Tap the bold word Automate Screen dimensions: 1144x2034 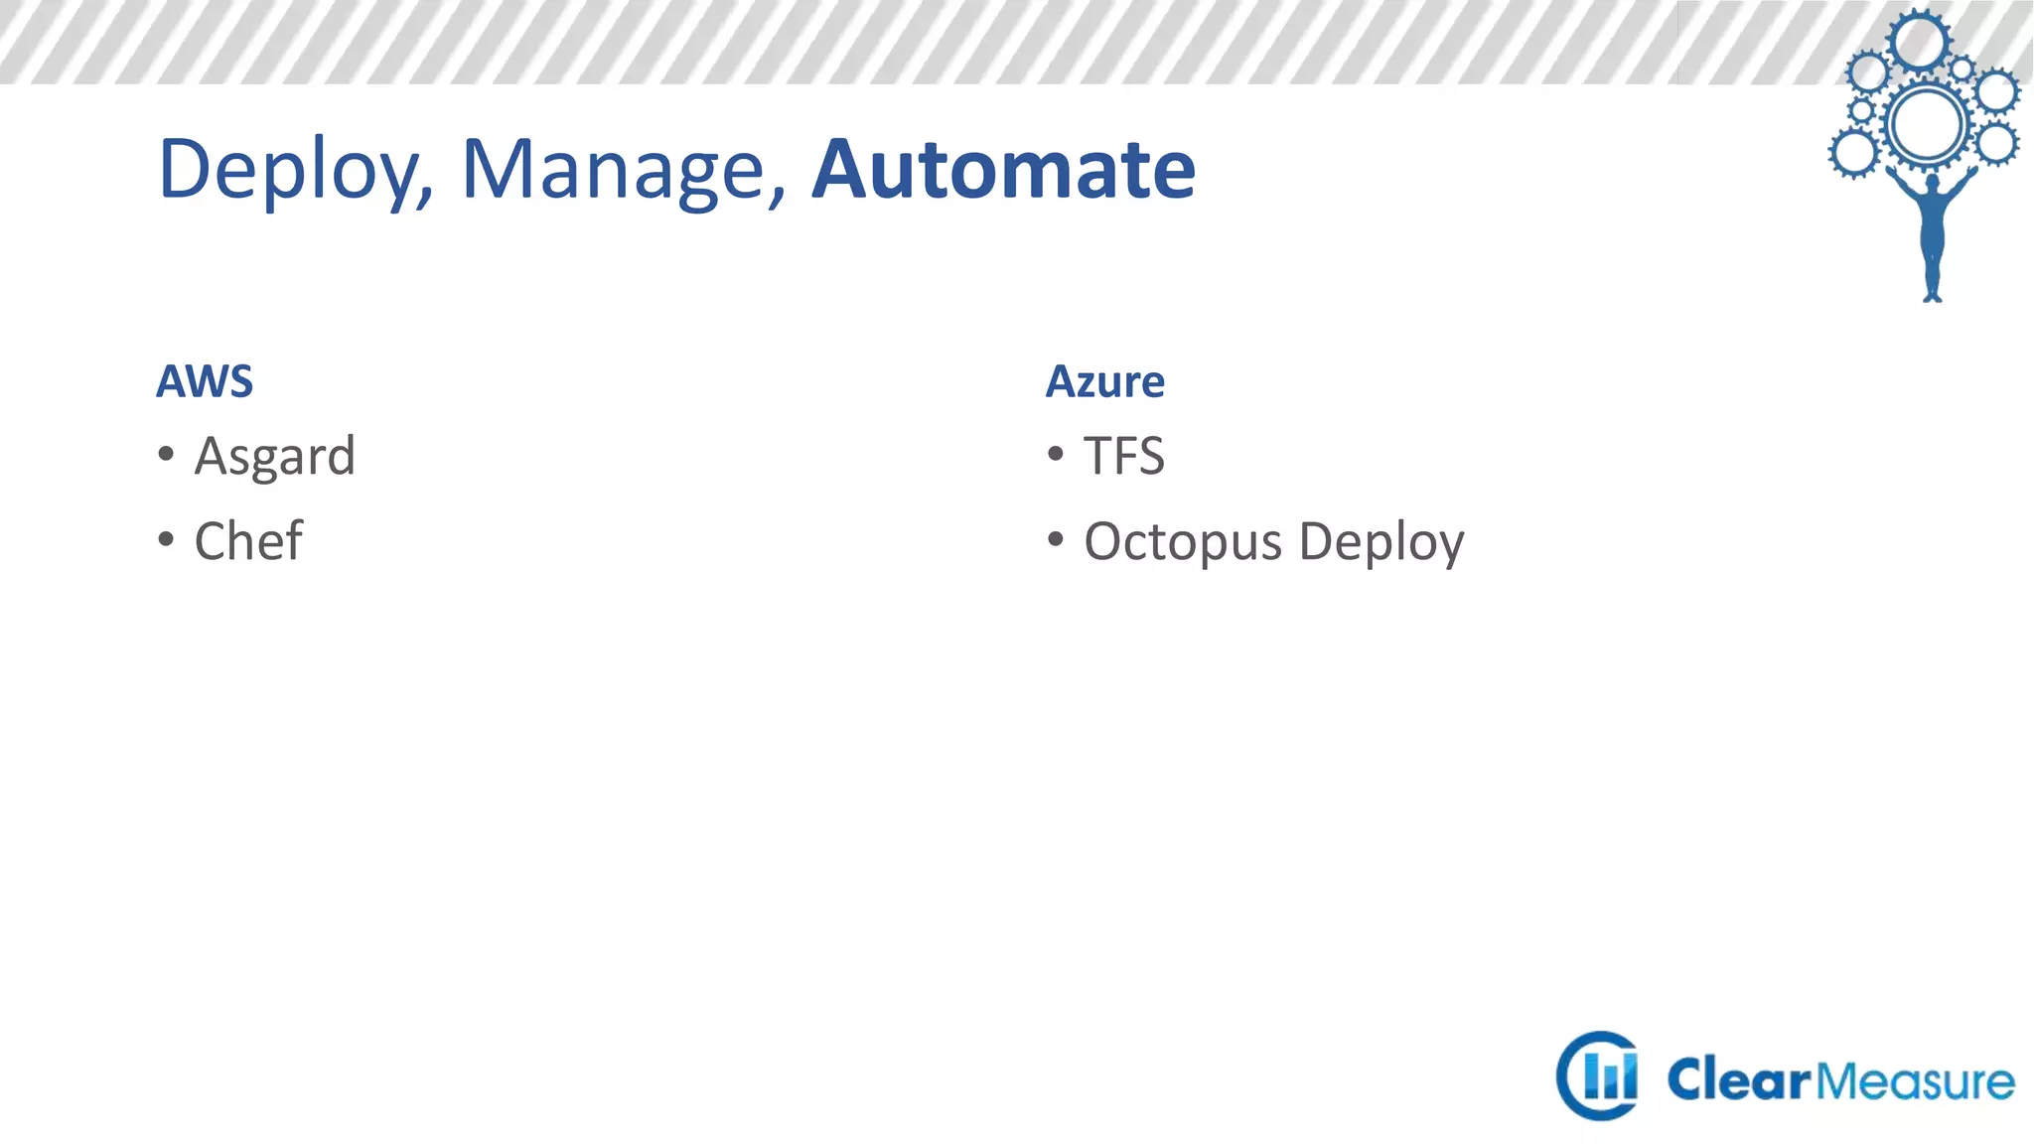pos(1003,169)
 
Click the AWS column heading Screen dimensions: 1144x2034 pos(205,381)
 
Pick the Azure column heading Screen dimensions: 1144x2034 pos(1104,381)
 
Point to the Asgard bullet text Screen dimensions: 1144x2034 pos(275,457)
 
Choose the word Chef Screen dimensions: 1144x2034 pos(248,541)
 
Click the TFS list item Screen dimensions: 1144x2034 pos(1123,456)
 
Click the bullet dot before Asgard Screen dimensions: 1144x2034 pos(166,455)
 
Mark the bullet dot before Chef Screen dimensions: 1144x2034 pos(166,540)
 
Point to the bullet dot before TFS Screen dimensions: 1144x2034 pos(1056,455)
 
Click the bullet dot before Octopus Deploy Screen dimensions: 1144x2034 pos(1056,540)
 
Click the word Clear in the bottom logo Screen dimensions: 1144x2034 pos(1738,1080)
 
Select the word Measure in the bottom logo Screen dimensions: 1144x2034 pos(1916,1080)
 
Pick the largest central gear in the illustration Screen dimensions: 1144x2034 pos(1927,124)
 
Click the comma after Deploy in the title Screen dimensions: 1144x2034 pos(427,195)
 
